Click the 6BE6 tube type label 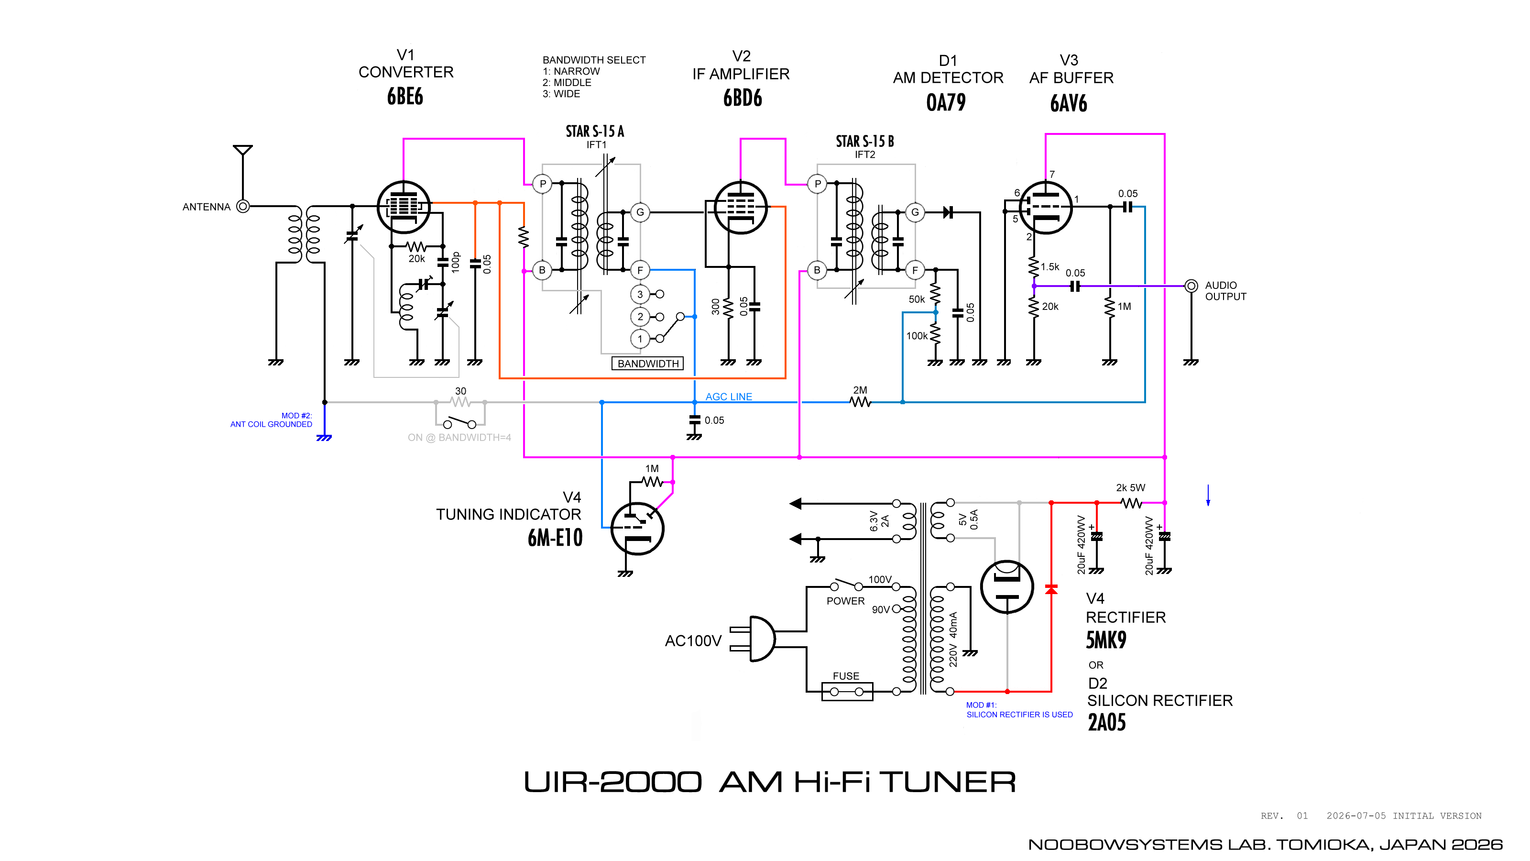[x=405, y=96]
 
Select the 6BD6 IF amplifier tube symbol [x=740, y=208]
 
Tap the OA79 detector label [x=946, y=103]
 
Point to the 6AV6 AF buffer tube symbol [x=1045, y=208]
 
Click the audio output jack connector [x=1191, y=286]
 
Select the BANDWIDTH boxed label [x=647, y=363]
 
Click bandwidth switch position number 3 [x=640, y=294]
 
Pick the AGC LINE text [x=729, y=397]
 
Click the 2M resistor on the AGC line [x=860, y=402]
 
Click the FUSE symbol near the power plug [x=847, y=692]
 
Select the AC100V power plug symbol [x=753, y=639]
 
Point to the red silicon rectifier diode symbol [x=1051, y=589]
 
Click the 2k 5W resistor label [x=1130, y=488]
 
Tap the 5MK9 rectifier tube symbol [x=1007, y=587]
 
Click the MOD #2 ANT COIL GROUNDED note [x=272, y=420]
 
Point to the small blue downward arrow [x=1208, y=496]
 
